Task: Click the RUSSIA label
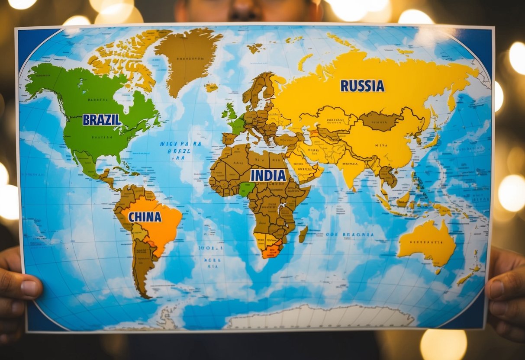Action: (x=362, y=86)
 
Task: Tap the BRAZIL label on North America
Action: (x=102, y=119)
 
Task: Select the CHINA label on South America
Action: (x=145, y=217)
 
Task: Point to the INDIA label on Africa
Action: (x=268, y=175)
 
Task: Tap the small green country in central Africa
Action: (x=247, y=189)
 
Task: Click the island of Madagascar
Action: (x=303, y=234)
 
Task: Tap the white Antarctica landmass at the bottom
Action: (x=320, y=318)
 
